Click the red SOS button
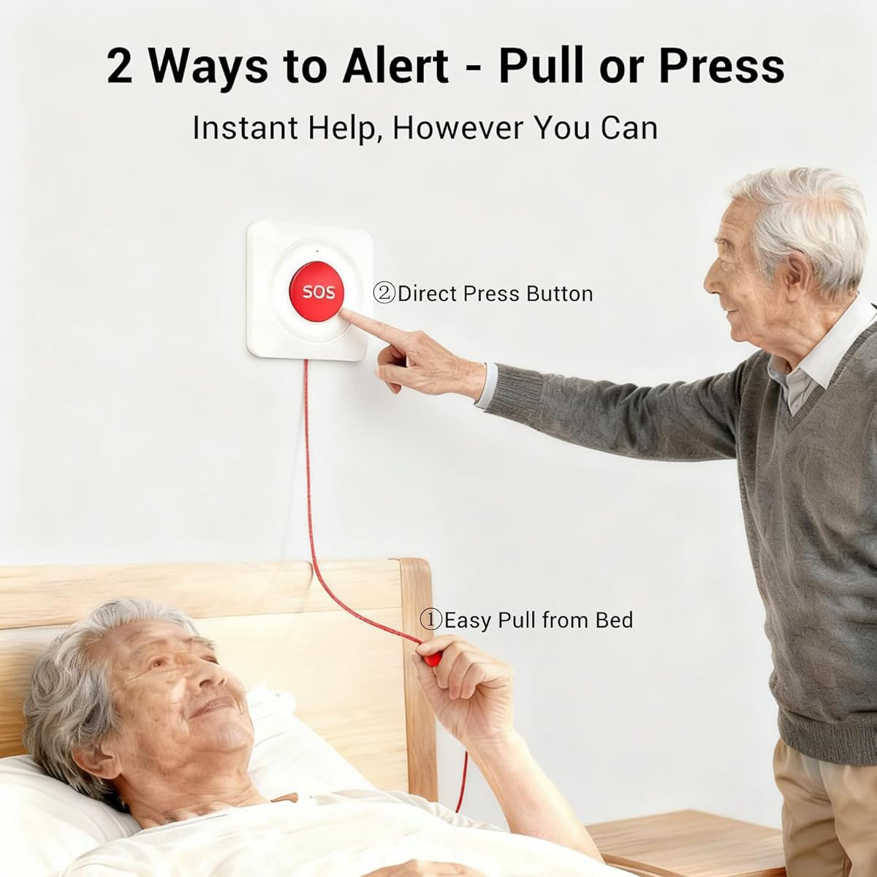pos(318,292)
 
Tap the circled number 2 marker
pos(384,294)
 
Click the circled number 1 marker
pos(430,620)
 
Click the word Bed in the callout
pos(615,620)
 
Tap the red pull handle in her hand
pos(429,656)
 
